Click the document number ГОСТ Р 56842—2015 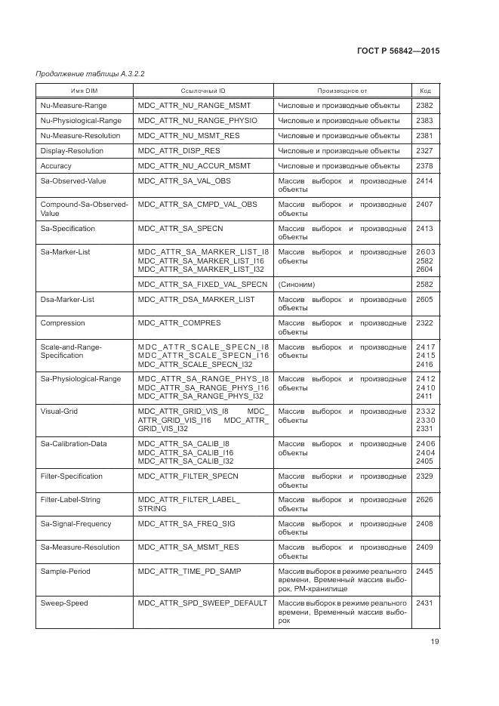point(398,51)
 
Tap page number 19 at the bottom point(434,642)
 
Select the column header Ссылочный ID point(202,90)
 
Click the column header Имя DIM point(84,90)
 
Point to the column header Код point(425,90)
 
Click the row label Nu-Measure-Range point(74,106)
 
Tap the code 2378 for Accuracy point(424,166)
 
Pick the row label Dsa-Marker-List point(67,300)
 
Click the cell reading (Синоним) point(297,285)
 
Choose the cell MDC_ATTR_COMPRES point(180,323)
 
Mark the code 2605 point(425,300)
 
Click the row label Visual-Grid point(59,412)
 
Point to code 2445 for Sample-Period point(424,572)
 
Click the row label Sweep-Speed point(64,603)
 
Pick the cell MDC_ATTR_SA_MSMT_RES point(188,547)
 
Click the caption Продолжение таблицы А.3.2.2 point(90,73)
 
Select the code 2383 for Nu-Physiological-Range point(424,121)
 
